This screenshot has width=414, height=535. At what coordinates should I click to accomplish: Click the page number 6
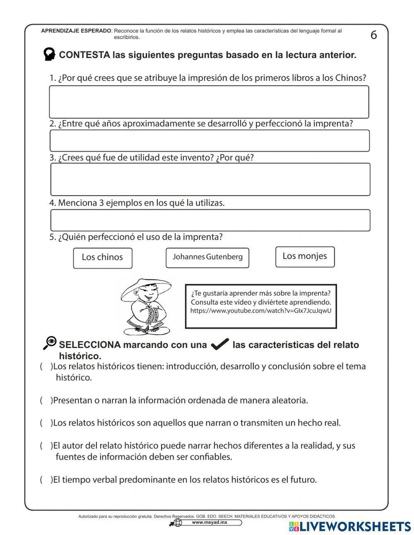(x=373, y=35)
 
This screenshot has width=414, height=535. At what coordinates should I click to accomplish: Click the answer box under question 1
(x=209, y=102)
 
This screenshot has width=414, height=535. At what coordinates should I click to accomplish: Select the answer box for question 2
(x=209, y=141)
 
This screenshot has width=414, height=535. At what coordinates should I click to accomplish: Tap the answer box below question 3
(x=210, y=179)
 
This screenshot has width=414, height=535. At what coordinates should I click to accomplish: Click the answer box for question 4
(x=210, y=220)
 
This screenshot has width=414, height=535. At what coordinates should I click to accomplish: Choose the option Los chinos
(x=102, y=257)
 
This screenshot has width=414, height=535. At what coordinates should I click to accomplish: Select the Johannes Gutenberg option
(x=207, y=257)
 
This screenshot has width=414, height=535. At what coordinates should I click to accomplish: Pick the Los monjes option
(x=305, y=257)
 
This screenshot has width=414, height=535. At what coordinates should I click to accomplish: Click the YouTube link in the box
(x=261, y=311)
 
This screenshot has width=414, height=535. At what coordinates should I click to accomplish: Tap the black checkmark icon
(x=219, y=344)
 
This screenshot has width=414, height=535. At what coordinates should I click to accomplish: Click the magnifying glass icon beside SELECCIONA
(x=50, y=342)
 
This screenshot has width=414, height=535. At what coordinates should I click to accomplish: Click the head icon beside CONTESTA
(x=49, y=54)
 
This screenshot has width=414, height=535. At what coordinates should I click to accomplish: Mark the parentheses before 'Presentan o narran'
(x=46, y=400)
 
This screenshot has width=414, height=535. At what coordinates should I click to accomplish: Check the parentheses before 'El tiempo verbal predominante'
(x=46, y=480)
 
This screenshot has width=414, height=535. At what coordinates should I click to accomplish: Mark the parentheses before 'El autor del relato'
(x=46, y=446)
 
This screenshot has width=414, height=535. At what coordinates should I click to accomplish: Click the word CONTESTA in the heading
(x=84, y=55)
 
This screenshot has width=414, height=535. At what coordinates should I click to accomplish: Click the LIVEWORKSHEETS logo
(x=349, y=526)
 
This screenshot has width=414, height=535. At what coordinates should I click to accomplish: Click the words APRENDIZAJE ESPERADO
(x=76, y=31)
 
